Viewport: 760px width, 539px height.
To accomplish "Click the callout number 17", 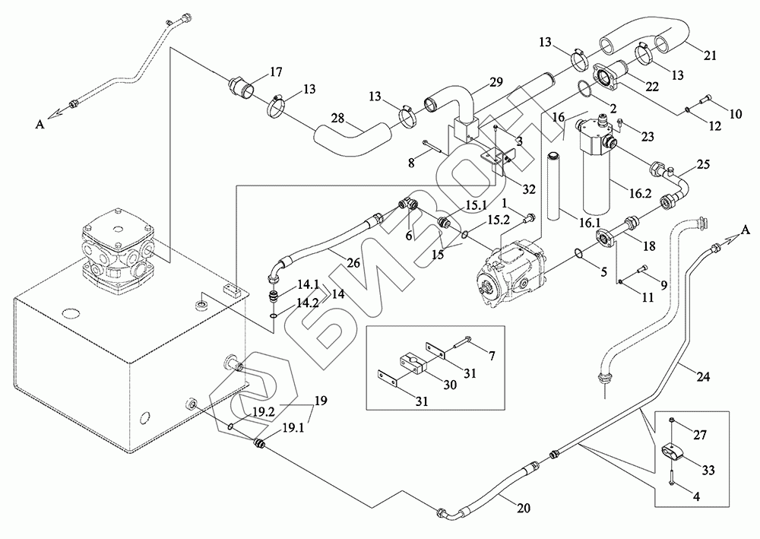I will click(x=275, y=74).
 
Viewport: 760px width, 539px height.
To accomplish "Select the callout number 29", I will click(x=496, y=81).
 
